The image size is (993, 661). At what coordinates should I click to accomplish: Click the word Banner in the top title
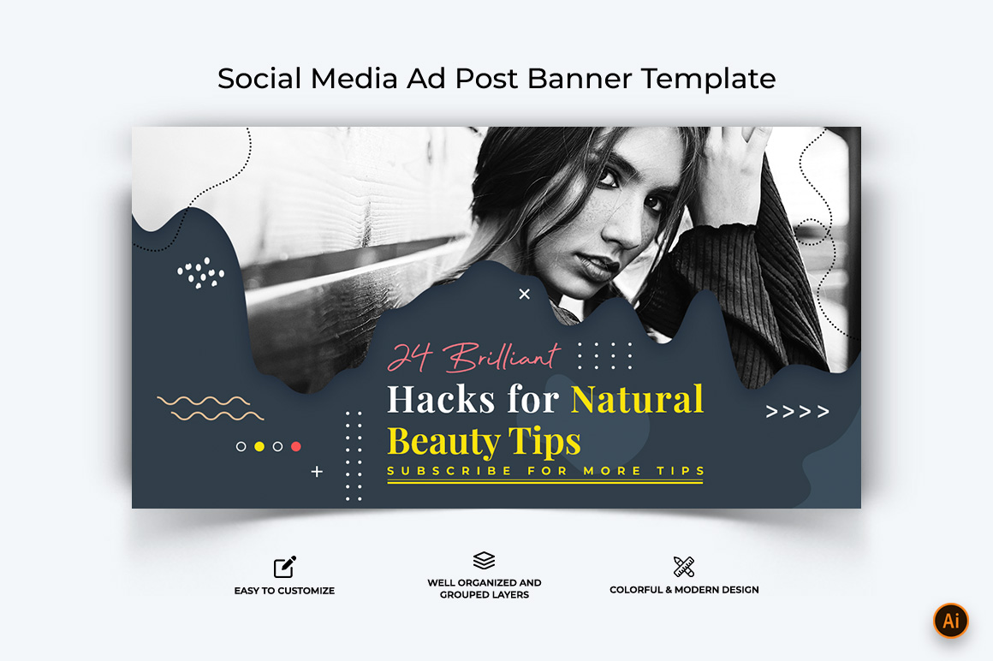580,79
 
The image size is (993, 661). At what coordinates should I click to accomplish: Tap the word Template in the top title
709,80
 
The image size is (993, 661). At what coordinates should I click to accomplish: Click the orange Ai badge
950,621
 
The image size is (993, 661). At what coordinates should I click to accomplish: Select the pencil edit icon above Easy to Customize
284,567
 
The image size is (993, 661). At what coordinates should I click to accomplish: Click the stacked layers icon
484,560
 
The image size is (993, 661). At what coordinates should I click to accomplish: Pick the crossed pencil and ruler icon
684,566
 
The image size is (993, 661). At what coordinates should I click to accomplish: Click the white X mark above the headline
525,294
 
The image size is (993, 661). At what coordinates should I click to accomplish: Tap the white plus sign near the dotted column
318,472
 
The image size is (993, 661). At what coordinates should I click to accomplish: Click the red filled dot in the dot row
295,446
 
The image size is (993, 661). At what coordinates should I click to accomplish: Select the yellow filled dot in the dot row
259,446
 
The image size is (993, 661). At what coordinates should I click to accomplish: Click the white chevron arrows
797,412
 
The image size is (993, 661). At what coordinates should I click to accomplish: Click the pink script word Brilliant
502,357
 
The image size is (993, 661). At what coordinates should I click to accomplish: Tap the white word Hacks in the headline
441,400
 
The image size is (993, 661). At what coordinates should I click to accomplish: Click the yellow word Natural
637,400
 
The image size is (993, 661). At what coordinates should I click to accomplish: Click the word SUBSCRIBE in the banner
449,471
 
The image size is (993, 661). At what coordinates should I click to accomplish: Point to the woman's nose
622,234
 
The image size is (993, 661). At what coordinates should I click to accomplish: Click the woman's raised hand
734,171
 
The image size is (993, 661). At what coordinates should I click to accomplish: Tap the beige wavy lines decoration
211,408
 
